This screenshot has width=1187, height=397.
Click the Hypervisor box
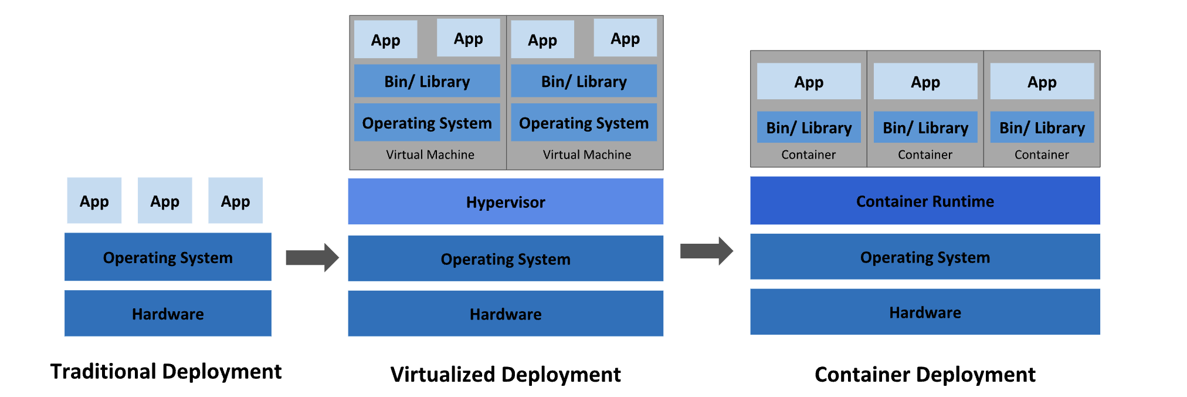(506, 201)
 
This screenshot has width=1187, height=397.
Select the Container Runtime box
(925, 201)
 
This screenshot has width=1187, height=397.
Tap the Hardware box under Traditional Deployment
(168, 314)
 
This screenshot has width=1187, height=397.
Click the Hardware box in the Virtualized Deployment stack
(506, 314)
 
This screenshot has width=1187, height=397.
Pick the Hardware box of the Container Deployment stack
(925, 312)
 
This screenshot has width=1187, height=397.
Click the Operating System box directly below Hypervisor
(506, 258)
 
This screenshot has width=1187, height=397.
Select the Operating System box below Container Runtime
(925, 257)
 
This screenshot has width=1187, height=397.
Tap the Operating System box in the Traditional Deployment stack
(168, 257)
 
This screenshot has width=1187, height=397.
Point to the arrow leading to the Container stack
(706, 251)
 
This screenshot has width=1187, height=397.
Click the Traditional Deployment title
(166, 371)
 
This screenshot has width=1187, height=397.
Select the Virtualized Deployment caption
(506, 374)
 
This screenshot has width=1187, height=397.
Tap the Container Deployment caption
(925, 374)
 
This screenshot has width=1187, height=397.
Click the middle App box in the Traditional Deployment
(165, 201)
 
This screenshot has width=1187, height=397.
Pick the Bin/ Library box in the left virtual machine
(427, 81)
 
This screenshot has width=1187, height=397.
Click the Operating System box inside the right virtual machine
(584, 123)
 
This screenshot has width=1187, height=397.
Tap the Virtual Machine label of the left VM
(430, 154)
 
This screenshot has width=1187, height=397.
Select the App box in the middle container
(925, 82)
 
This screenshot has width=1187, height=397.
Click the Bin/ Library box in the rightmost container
(1042, 127)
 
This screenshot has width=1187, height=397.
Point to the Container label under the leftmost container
(808, 154)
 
